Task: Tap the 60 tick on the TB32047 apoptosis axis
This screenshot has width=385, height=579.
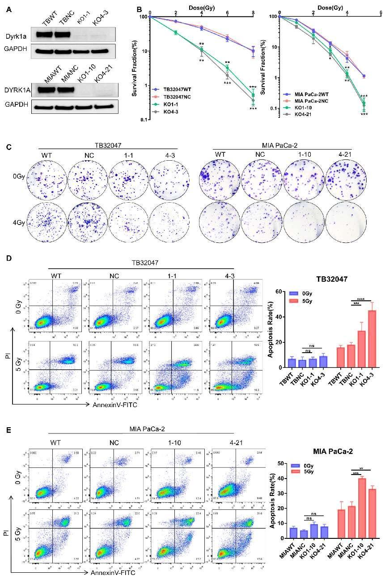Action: point(280,292)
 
